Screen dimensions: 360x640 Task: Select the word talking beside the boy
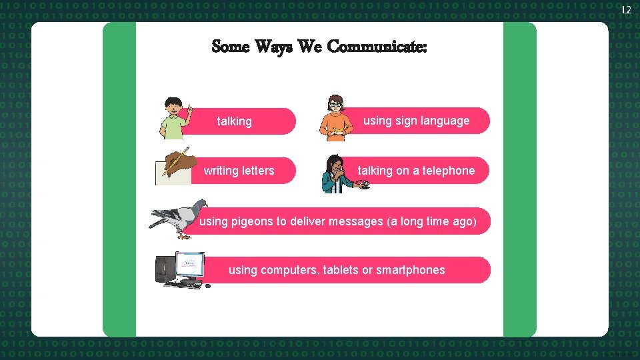click(235, 121)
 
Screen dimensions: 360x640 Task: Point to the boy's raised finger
click(190, 106)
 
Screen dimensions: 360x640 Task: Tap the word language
click(446, 121)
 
